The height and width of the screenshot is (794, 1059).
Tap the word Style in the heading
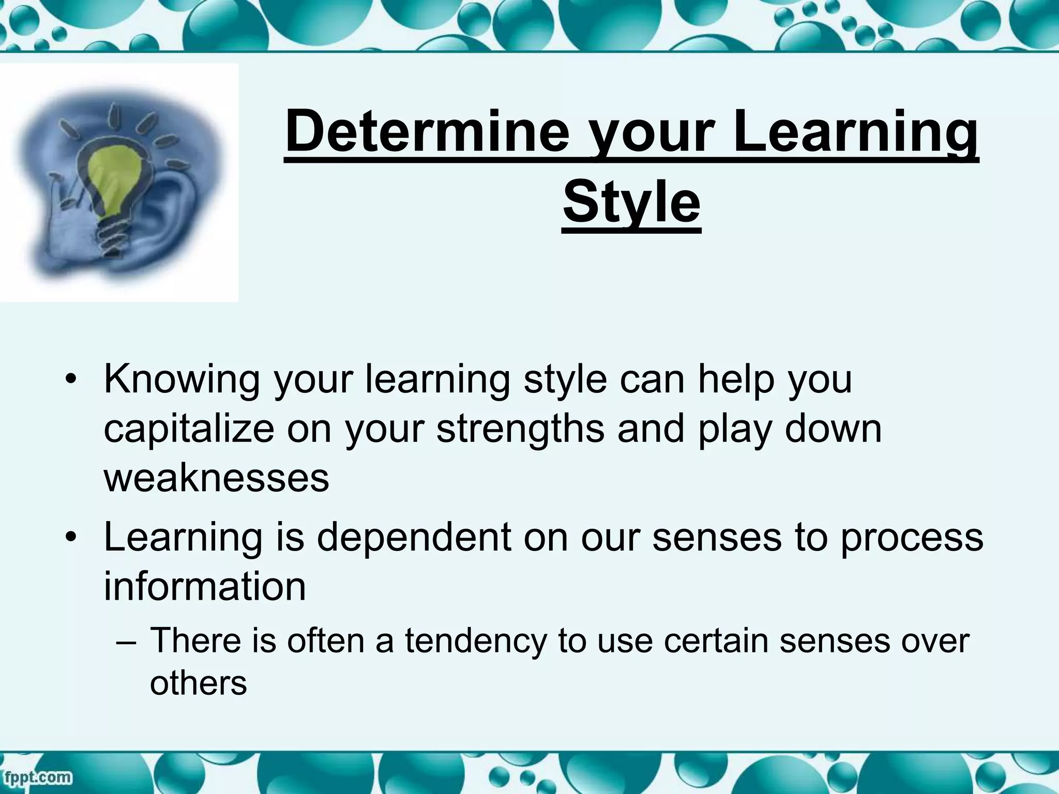coord(631,202)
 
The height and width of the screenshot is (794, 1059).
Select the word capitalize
coord(189,429)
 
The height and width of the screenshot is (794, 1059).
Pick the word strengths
coord(520,429)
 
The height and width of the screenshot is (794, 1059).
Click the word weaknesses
coord(216,478)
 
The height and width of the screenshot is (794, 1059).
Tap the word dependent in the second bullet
coord(414,538)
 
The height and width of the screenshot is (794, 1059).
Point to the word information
coord(205,587)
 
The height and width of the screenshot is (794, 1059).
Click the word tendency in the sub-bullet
coord(475,641)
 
